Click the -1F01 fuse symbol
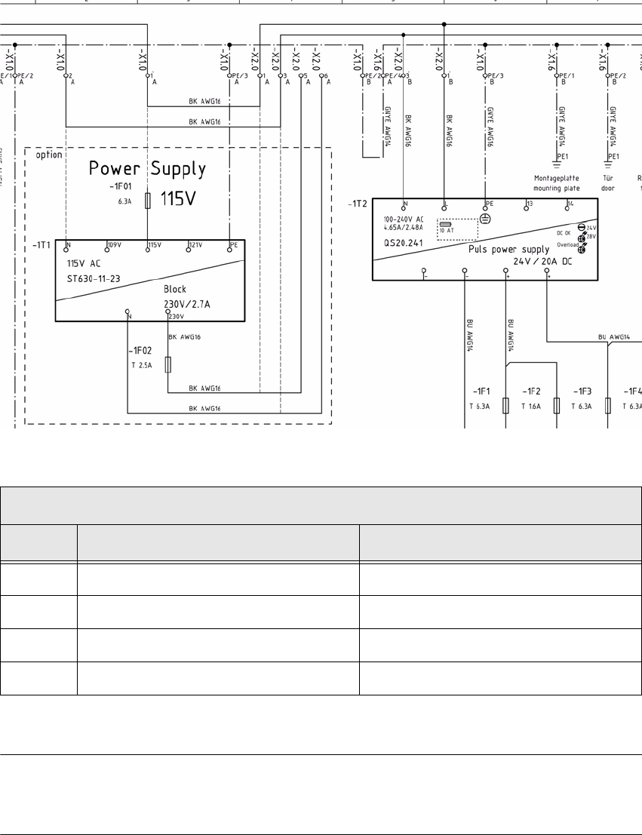click(148, 200)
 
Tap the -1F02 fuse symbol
click(167, 364)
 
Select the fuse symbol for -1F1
click(506, 405)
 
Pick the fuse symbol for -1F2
click(557, 405)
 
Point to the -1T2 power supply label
click(357, 203)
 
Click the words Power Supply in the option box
click(147, 168)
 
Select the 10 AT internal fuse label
click(447, 231)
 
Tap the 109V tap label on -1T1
click(114, 245)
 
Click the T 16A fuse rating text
click(532, 405)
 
